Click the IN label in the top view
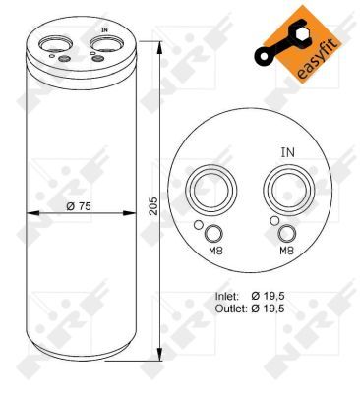(288, 153)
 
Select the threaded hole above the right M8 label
(287, 234)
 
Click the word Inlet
(227, 295)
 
